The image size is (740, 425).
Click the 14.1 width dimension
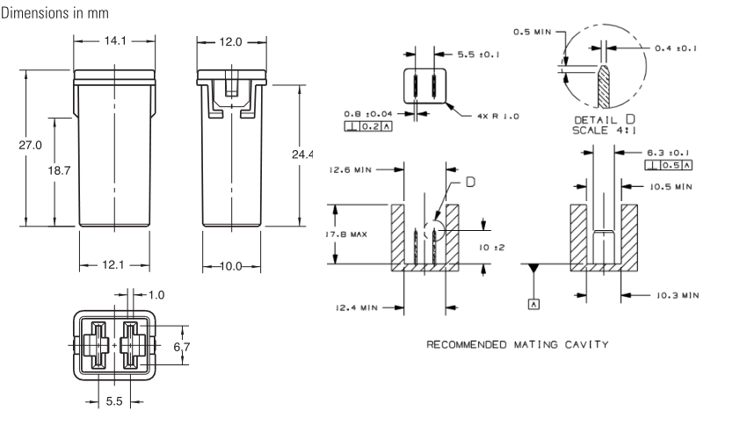pyautogui.click(x=115, y=41)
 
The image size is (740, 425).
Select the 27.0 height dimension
pyautogui.click(x=30, y=145)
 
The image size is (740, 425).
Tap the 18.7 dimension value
pyautogui.click(x=59, y=170)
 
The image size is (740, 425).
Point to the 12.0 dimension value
pyautogui.click(x=230, y=42)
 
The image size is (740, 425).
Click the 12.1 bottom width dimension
pyautogui.click(x=113, y=265)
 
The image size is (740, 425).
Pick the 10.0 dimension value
pyautogui.click(x=231, y=267)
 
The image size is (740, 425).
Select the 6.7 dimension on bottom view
pyautogui.click(x=182, y=347)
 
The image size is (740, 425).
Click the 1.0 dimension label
pyautogui.click(x=156, y=295)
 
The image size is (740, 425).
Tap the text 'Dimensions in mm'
pyautogui.click(x=54, y=13)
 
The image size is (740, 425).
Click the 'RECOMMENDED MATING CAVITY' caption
pyautogui.click(x=518, y=345)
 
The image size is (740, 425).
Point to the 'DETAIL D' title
pyautogui.click(x=605, y=119)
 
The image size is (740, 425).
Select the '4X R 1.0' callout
pyautogui.click(x=498, y=117)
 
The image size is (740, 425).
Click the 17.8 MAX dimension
pyautogui.click(x=347, y=234)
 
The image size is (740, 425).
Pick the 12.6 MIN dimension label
pyautogui.click(x=350, y=169)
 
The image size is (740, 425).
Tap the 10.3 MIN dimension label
pyautogui.click(x=678, y=296)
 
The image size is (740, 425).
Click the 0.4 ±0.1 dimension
pyautogui.click(x=676, y=48)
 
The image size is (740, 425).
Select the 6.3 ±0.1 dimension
pyautogui.click(x=668, y=153)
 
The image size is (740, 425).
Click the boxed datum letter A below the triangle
pyautogui.click(x=533, y=304)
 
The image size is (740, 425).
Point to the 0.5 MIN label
pyautogui.click(x=533, y=32)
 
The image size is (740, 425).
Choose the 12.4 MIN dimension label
pyautogui.click(x=357, y=308)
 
